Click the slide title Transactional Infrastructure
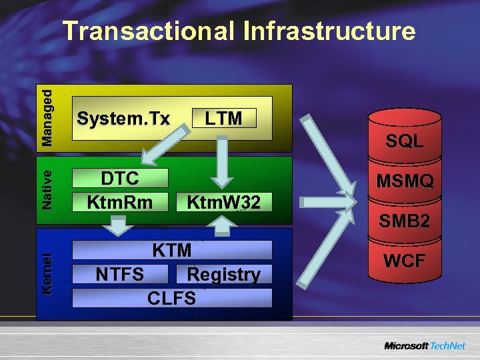pos(239,31)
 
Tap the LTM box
pos(223,119)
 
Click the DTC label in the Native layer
pos(120,178)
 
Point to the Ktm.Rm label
pos(120,201)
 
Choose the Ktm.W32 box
pos(223,201)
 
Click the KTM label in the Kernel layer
pos(172,250)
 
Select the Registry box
pos(223,274)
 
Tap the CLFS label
pos(171,298)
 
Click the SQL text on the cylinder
pos(405,141)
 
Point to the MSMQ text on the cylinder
pos(405,181)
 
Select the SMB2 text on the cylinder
pos(405,221)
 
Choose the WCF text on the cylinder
pos(405,261)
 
